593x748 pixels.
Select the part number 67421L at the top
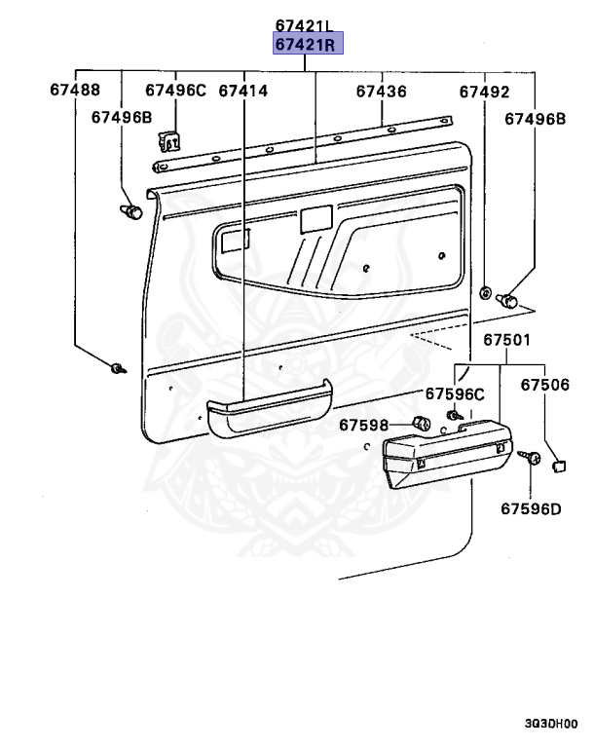point(304,26)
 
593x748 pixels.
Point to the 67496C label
point(176,92)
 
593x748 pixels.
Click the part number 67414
point(243,92)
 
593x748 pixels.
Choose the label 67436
point(381,92)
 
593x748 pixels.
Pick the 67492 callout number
point(485,92)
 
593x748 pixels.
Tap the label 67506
point(544,386)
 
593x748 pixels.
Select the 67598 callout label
point(364,425)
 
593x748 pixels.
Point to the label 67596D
point(532,507)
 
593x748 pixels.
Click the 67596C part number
point(454,394)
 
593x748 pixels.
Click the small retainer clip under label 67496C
point(172,142)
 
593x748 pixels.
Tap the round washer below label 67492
point(484,292)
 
